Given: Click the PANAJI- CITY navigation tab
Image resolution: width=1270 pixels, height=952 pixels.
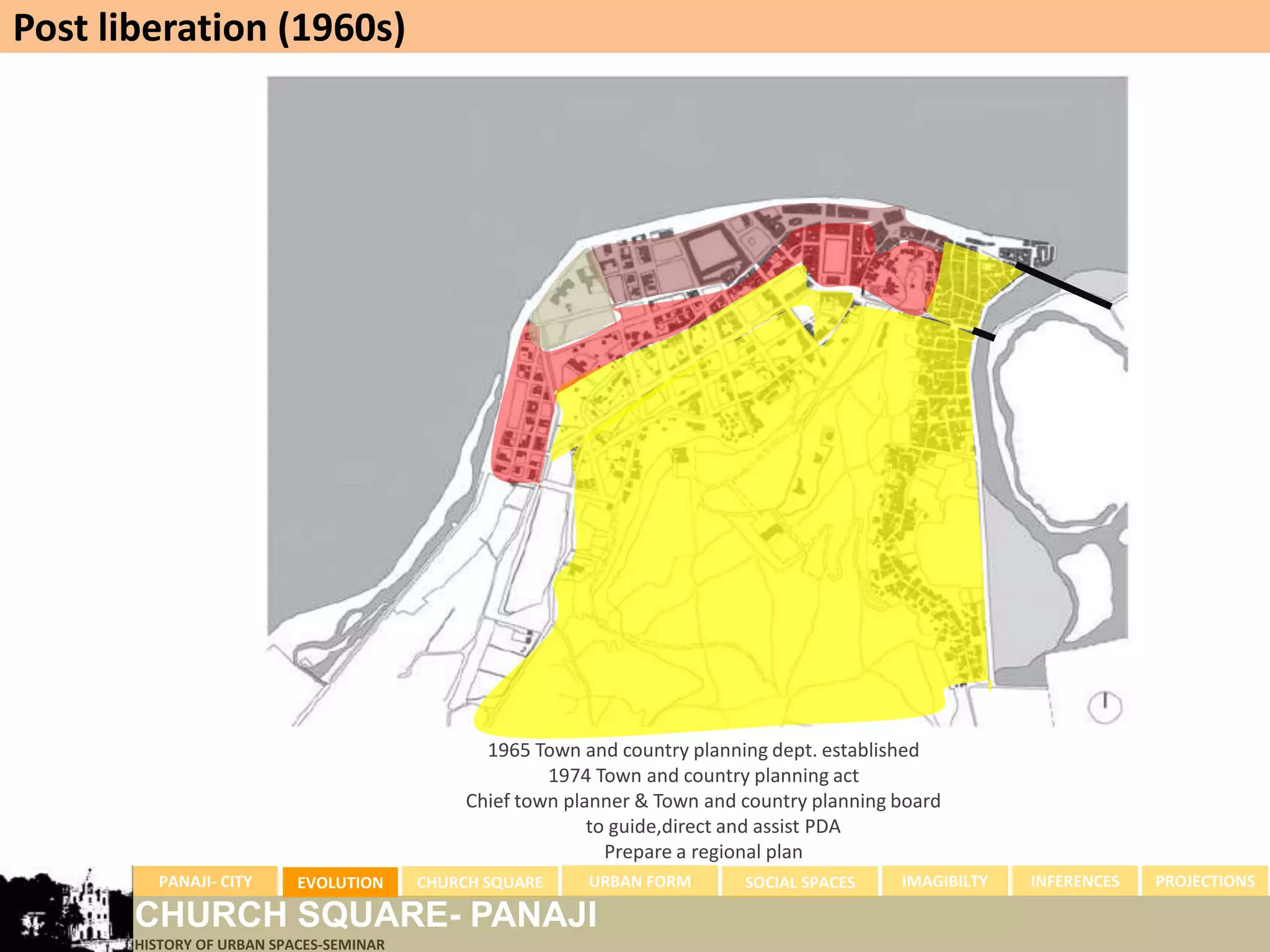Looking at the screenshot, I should coord(205,881).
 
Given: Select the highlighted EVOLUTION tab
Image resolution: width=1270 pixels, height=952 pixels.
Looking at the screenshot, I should coord(340,882).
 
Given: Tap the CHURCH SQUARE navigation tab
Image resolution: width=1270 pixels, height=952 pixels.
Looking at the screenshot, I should coord(479,882).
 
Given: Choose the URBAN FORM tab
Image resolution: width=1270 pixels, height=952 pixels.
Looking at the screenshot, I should coord(639,881).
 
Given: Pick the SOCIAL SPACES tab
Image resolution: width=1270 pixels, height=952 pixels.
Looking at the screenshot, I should coord(799,882).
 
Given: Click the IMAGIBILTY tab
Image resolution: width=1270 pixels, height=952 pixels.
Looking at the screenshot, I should coord(944,881).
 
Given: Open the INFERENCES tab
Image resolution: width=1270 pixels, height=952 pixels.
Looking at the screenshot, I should coord(1075,881).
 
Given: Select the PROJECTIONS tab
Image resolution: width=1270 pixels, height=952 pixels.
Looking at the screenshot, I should coord(1204,881).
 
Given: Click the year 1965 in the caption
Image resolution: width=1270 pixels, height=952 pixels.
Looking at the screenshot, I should coord(508,750).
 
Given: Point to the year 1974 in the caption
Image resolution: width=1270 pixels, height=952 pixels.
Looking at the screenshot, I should coord(569,775).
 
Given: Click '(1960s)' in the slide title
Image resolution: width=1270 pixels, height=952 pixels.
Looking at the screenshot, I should coord(342,28).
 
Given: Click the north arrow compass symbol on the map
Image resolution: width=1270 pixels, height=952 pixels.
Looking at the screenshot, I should coord(1105,707).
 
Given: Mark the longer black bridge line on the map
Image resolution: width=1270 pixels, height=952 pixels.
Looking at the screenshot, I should coord(1063,285).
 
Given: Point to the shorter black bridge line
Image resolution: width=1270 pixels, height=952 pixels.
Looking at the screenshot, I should coord(983,334).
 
